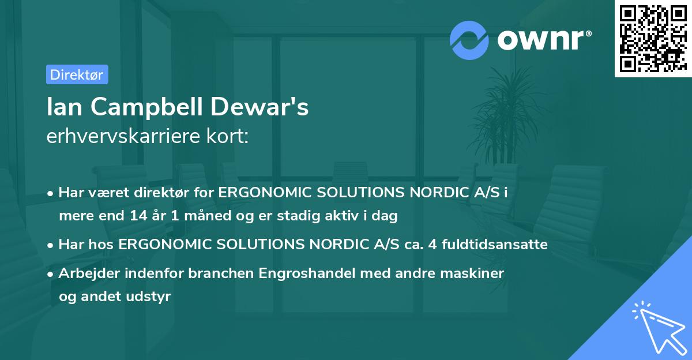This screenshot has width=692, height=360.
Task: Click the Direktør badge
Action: (x=77, y=74)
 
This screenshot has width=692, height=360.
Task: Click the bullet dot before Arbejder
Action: (x=51, y=273)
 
